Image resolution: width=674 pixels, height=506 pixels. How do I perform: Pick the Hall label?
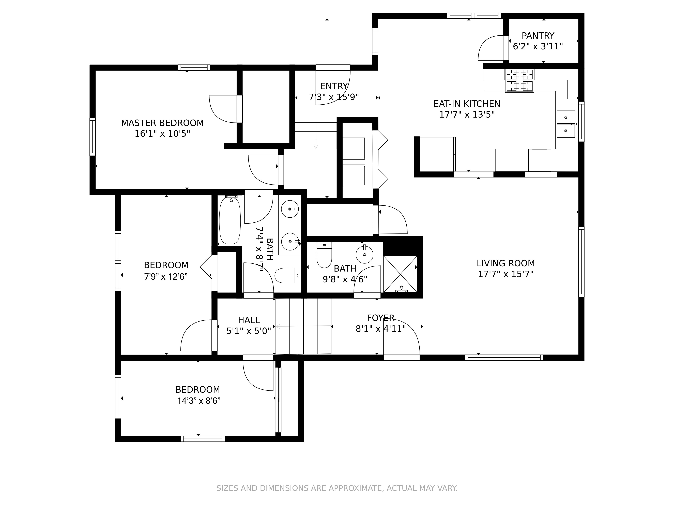[x=249, y=320]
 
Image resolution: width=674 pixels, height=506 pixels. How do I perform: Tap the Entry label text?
[x=334, y=86]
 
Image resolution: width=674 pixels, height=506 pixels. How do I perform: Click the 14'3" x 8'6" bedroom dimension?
[x=199, y=401]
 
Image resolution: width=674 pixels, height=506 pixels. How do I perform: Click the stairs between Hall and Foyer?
[x=303, y=326]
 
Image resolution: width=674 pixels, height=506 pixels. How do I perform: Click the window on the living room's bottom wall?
[x=504, y=357]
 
